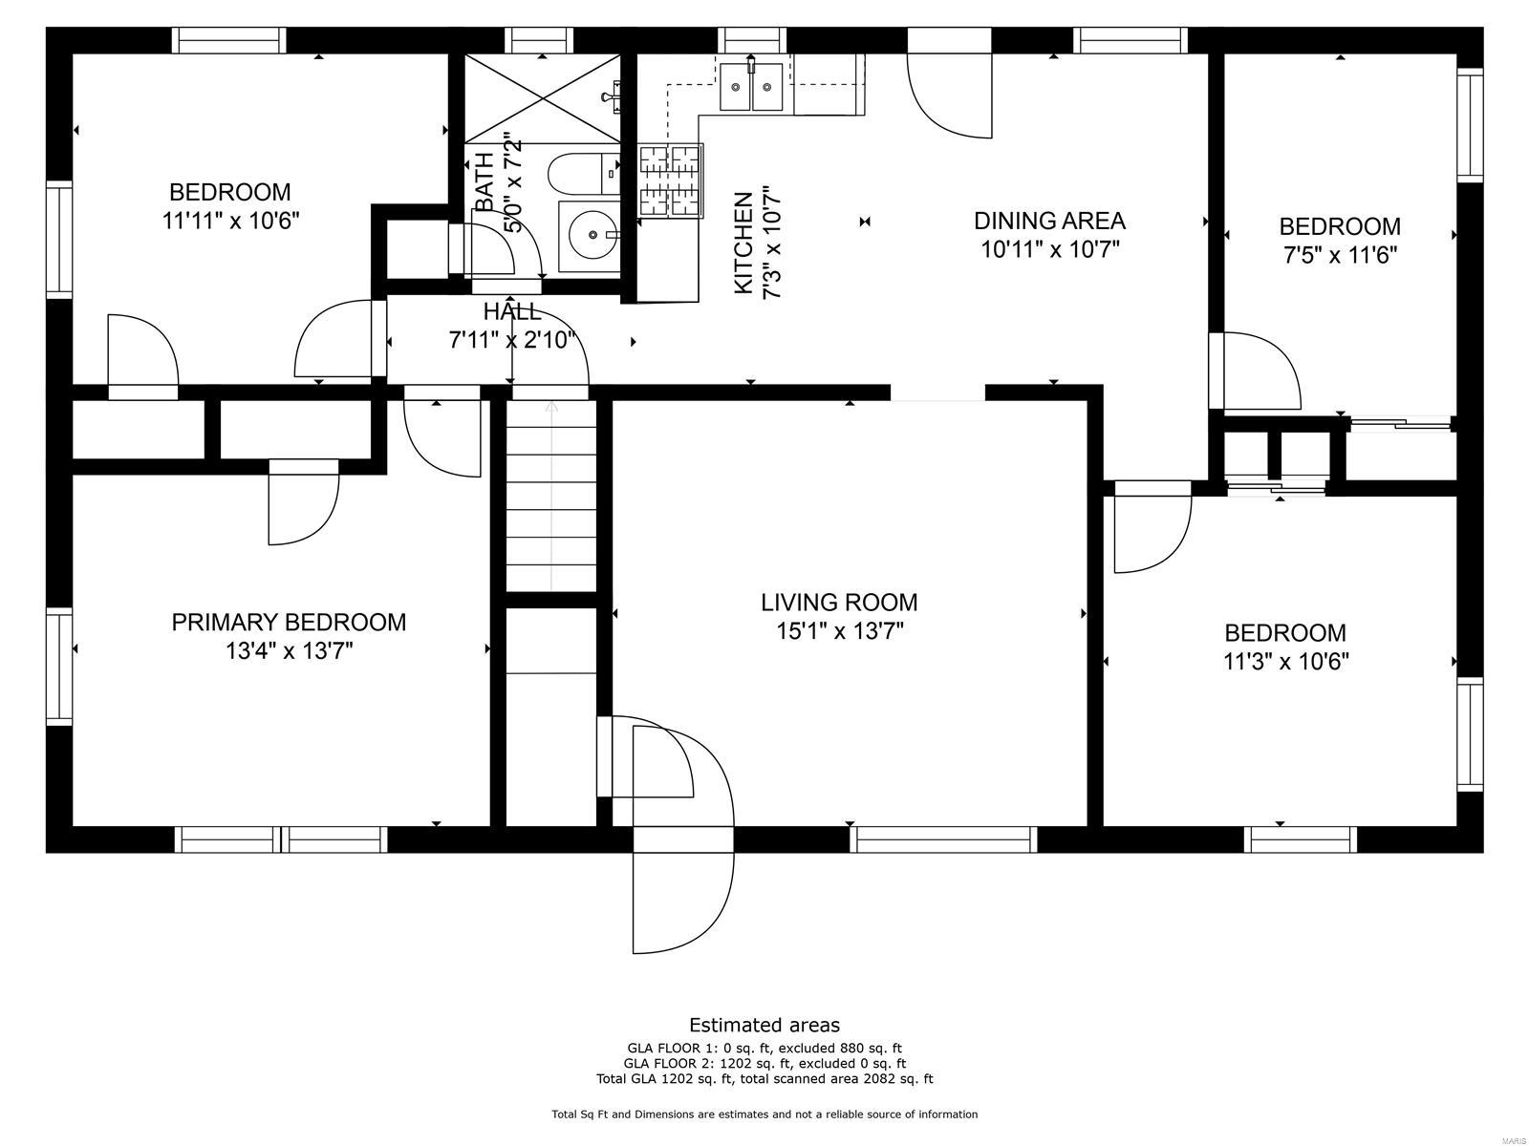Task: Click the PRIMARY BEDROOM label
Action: coord(289,623)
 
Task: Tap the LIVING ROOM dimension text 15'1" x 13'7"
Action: coord(840,631)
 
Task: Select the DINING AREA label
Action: coord(1049,221)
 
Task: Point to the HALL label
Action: coord(511,311)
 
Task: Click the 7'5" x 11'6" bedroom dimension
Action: coord(1340,255)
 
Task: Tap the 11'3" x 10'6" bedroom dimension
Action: coord(1285,661)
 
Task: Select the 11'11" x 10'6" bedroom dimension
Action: coord(230,221)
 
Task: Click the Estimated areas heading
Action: coord(764,1025)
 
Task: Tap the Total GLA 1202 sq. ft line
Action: coord(764,1079)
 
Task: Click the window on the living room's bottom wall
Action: coord(944,839)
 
